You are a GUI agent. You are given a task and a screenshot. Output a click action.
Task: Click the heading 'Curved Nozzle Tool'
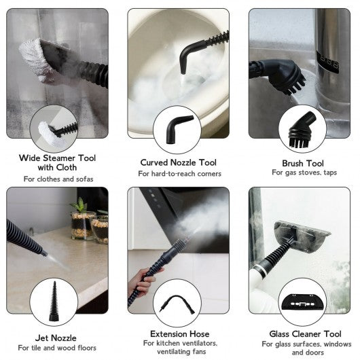pos(178,162)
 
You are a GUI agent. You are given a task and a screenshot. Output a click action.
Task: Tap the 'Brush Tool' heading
pos(303,164)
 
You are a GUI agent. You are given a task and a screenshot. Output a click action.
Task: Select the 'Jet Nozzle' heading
pos(56,338)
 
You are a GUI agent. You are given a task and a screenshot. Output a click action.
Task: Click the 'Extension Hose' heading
pos(180,334)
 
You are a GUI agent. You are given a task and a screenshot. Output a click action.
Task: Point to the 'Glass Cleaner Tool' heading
pos(306,334)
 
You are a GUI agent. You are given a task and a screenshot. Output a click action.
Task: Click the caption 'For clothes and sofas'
pos(58,179)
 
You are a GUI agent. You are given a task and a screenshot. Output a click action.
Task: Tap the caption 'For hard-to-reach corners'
pos(179,174)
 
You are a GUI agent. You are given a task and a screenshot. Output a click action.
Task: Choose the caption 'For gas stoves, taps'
pos(304,173)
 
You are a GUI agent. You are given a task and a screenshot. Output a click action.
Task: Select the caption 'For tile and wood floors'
pos(57,348)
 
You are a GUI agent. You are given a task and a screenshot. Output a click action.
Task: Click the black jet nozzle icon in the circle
pos(54,302)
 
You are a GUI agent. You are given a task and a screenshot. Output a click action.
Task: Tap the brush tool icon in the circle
pos(302,130)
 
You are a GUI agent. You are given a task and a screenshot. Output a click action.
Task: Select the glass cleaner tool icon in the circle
pos(302,302)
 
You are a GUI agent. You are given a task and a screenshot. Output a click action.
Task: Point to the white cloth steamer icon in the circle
pos(50,134)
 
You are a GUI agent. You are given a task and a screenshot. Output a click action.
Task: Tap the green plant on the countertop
pos(79,205)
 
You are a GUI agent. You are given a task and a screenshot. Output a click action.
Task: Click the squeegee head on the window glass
pos(302,236)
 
